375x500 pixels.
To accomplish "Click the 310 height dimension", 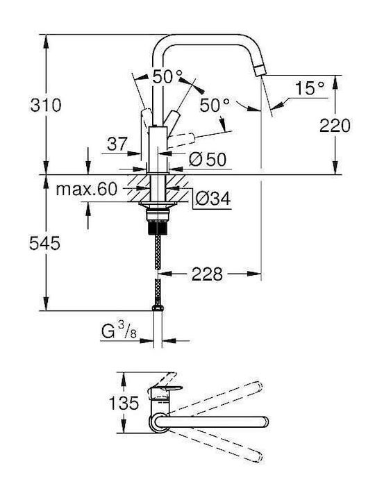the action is pyautogui.click(x=45, y=105).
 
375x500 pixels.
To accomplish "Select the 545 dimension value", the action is pyautogui.click(x=44, y=243).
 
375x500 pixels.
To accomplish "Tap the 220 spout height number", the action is pyautogui.click(x=335, y=125).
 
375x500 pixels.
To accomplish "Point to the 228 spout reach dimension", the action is pyautogui.click(x=207, y=274).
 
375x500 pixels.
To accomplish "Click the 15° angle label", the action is pyautogui.click(x=309, y=88).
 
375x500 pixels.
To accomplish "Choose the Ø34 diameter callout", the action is pyautogui.click(x=212, y=199).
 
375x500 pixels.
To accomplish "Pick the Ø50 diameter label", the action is pyautogui.click(x=207, y=159).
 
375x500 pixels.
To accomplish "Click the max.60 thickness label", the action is pyautogui.click(x=87, y=190).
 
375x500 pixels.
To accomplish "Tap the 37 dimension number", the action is pyautogui.click(x=117, y=144).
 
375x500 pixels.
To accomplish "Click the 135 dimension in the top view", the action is pyautogui.click(x=124, y=403).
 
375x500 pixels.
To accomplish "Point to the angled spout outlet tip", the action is pyautogui.click(x=260, y=70).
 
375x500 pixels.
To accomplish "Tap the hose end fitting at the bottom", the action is pyautogui.click(x=158, y=308).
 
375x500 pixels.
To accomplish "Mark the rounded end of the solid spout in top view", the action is pyautogui.click(x=265, y=422).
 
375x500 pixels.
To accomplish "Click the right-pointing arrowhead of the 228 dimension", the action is pyautogui.click(x=254, y=274).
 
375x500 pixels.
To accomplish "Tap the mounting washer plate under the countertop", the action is pyautogui.click(x=158, y=204).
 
